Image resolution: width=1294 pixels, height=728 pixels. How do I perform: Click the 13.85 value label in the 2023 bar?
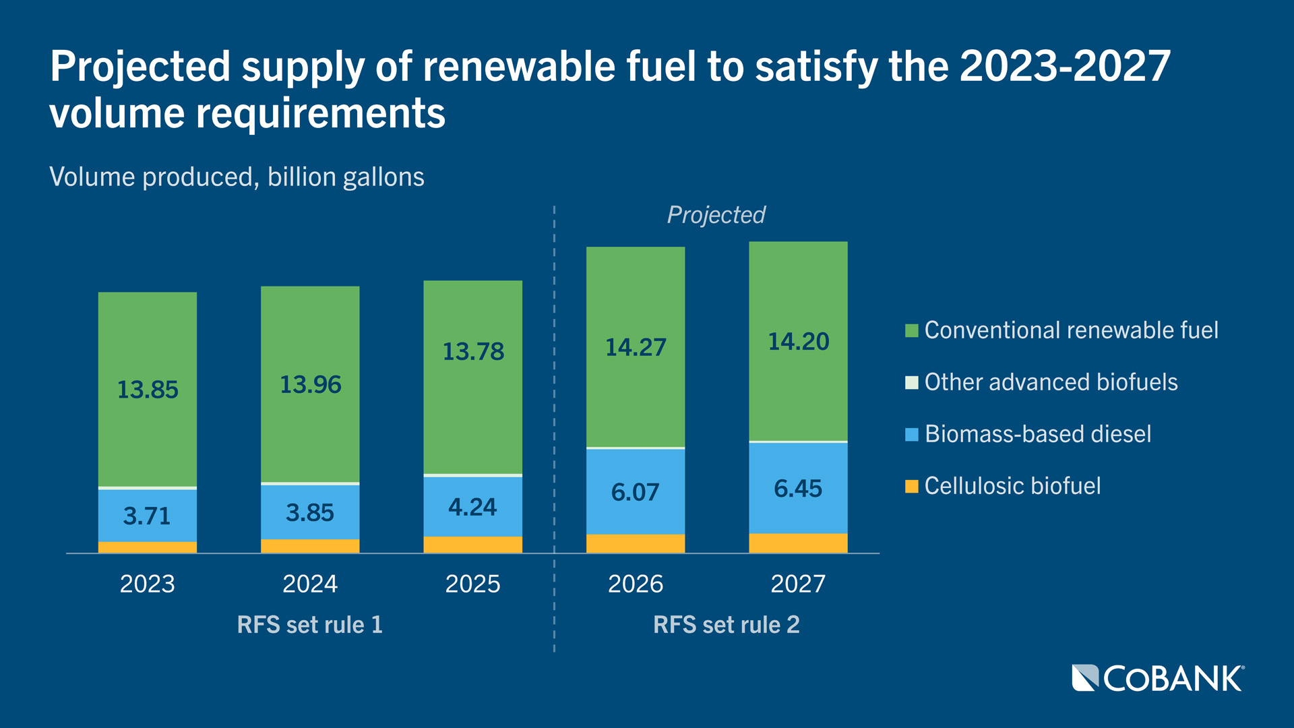148,390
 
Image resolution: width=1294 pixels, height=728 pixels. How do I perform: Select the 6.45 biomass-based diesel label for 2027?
798,489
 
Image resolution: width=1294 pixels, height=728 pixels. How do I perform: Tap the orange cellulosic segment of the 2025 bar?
472,545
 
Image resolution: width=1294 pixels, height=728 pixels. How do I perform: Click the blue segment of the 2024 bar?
310,512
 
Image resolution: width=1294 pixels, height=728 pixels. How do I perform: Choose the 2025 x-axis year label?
472,584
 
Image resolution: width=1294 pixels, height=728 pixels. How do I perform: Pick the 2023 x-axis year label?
148,584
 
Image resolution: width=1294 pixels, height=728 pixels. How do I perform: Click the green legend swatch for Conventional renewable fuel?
911,331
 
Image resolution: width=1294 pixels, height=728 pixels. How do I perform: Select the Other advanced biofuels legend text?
1051,382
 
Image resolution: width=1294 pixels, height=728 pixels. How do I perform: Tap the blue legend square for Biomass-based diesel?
911,435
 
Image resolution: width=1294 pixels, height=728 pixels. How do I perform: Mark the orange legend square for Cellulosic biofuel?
911,487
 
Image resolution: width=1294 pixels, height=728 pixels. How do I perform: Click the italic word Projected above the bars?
716,215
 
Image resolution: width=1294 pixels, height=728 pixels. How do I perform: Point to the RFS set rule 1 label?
310,625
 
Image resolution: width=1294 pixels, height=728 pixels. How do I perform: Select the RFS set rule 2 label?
727,625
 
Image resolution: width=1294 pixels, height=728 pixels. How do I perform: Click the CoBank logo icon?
1085,678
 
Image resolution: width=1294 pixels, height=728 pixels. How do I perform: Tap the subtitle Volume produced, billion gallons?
237,177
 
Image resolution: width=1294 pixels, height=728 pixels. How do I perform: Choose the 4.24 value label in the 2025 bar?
472,507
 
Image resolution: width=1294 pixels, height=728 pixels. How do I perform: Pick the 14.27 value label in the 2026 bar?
636,348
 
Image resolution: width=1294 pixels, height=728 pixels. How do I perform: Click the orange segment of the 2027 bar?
798,543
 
